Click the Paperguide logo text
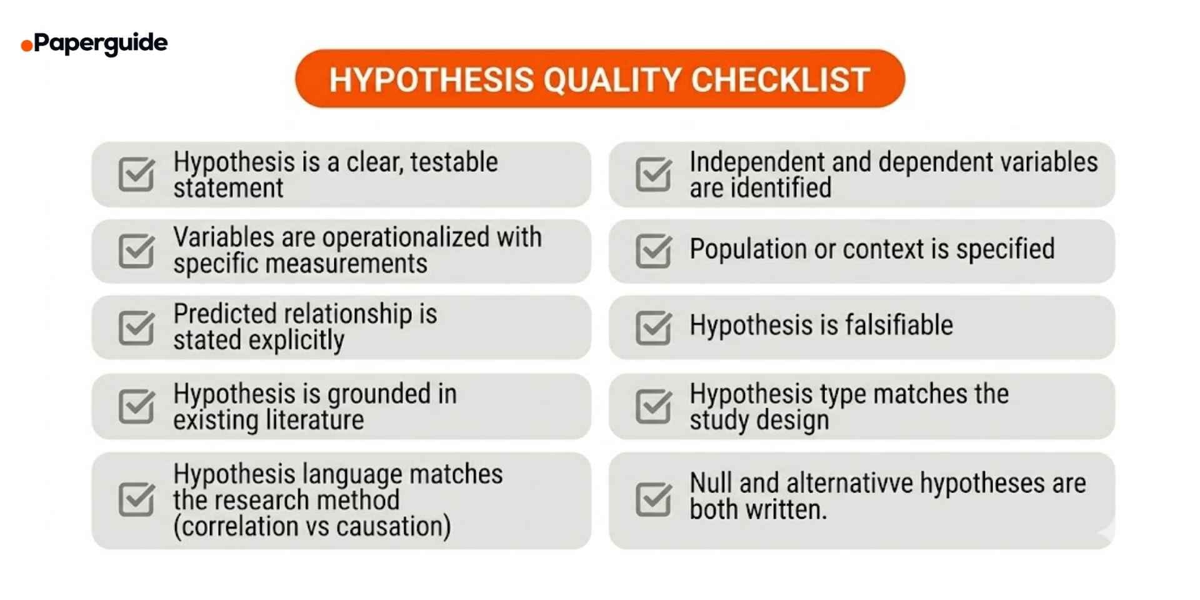click(x=101, y=43)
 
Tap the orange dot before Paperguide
click(x=26, y=46)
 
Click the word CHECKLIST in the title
click(x=780, y=80)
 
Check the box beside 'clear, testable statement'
click(x=136, y=174)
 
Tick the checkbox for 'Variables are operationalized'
click(x=136, y=251)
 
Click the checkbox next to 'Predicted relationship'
click(x=136, y=327)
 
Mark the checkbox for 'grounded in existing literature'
click(x=136, y=406)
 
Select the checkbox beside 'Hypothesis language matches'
click(x=136, y=499)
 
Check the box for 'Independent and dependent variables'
click(x=653, y=174)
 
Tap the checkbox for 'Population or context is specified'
click(x=653, y=251)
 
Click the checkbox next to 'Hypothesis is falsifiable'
click(x=653, y=327)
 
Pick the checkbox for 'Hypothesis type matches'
click(x=653, y=406)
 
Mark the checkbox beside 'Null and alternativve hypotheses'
click(x=653, y=499)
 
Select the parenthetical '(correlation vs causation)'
click(x=312, y=526)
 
